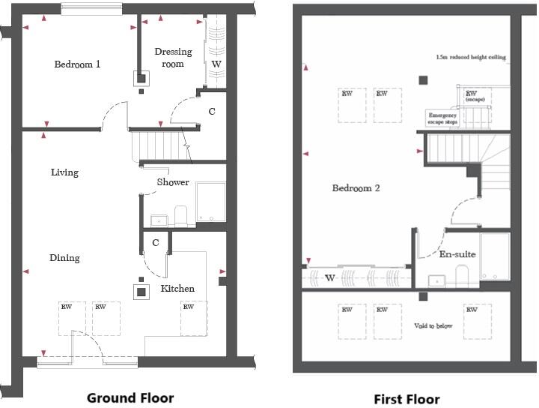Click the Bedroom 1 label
click(x=77, y=64)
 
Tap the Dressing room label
click(x=173, y=58)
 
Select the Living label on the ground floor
click(x=64, y=172)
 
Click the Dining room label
click(x=64, y=258)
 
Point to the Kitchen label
click(x=177, y=289)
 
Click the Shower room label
click(x=173, y=182)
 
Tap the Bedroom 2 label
click(x=356, y=188)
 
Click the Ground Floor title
click(x=130, y=397)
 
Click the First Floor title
click(x=406, y=399)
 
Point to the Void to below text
click(x=433, y=326)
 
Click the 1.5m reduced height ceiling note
click(x=471, y=57)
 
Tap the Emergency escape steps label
click(x=442, y=118)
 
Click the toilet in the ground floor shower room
click(x=181, y=215)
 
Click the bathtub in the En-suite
click(x=494, y=257)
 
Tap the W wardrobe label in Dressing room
click(x=216, y=64)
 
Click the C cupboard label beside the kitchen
click(x=155, y=243)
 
